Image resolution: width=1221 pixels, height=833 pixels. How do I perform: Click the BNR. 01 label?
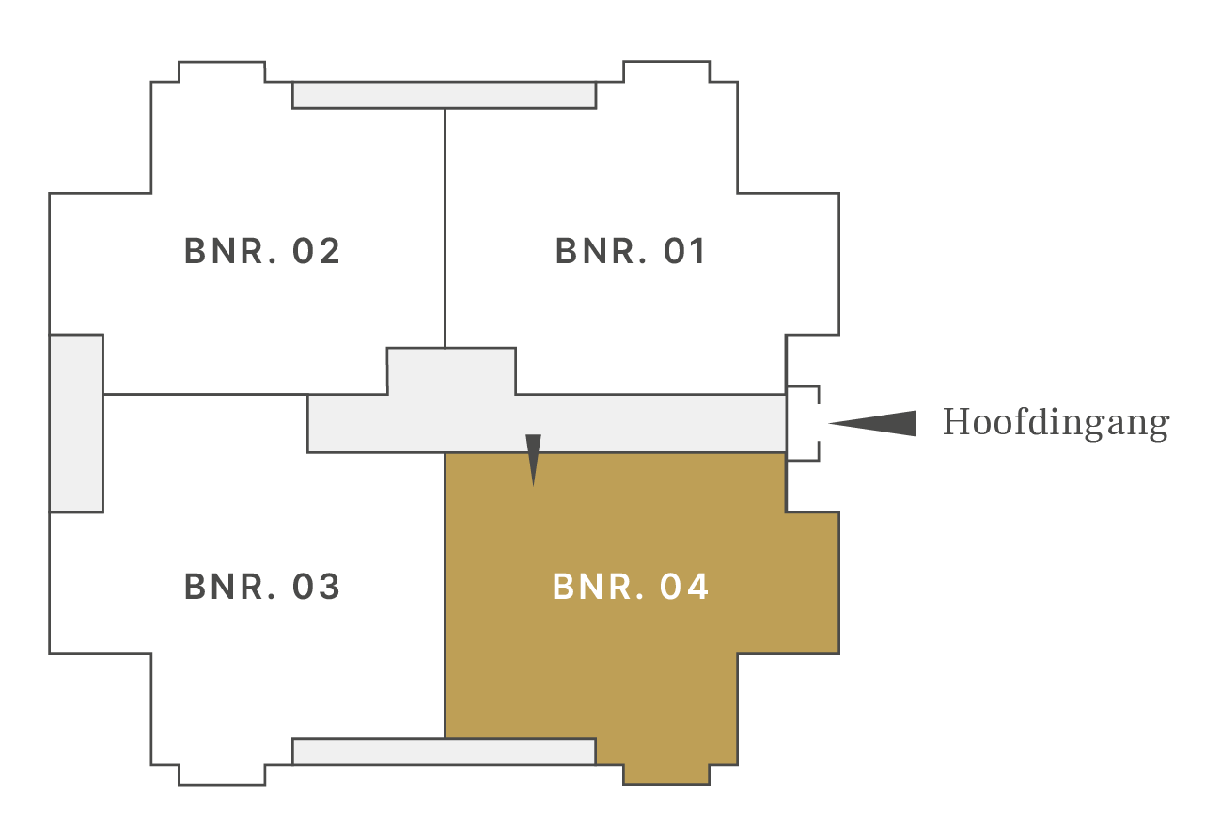point(631,251)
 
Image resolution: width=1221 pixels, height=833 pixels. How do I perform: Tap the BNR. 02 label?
point(262,251)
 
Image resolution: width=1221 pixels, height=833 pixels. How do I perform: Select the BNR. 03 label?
point(262,587)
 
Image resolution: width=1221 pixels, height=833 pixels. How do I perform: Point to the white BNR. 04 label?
point(631,587)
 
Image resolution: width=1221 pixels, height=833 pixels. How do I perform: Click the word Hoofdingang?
point(1057,423)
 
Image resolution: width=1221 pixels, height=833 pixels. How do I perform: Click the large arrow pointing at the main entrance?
point(872,424)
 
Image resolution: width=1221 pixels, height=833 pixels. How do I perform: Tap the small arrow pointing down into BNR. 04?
point(533,460)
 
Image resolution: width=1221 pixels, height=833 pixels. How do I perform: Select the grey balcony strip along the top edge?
point(445,95)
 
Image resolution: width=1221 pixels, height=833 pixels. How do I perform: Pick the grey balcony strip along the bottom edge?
point(445,752)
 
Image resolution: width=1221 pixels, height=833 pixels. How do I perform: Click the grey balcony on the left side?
point(76,424)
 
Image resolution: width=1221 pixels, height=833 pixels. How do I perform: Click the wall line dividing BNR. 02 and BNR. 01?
point(445,228)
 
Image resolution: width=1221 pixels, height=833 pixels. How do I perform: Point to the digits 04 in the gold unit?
point(684,587)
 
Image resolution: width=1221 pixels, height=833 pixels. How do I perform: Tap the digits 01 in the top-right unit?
point(684,251)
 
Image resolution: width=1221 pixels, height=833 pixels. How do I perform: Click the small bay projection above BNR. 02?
point(222,72)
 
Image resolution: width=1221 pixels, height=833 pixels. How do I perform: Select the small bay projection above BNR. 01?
point(666,72)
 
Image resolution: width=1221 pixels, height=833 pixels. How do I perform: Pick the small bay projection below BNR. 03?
point(222,776)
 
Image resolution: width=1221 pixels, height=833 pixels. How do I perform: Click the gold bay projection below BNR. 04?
point(666,776)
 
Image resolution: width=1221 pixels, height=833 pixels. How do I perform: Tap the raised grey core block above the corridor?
point(451,371)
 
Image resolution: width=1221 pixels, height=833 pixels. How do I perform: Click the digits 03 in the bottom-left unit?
point(316,587)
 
